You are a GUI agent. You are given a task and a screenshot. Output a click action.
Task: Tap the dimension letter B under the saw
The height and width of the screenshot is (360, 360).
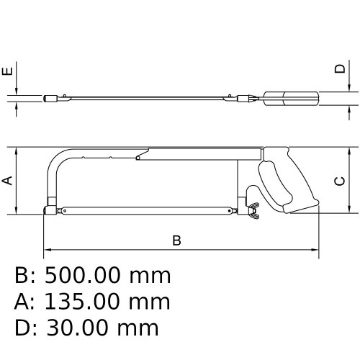(176, 241)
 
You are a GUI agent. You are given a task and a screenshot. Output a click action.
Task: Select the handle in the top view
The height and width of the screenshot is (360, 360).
(291, 99)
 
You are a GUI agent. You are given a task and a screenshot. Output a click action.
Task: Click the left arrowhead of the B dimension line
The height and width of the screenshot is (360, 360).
(48, 251)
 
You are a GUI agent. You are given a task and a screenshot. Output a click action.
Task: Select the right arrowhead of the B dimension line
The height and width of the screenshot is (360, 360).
(315, 251)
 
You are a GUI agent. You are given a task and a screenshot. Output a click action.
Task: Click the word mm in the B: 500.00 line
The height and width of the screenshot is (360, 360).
(150, 276)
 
